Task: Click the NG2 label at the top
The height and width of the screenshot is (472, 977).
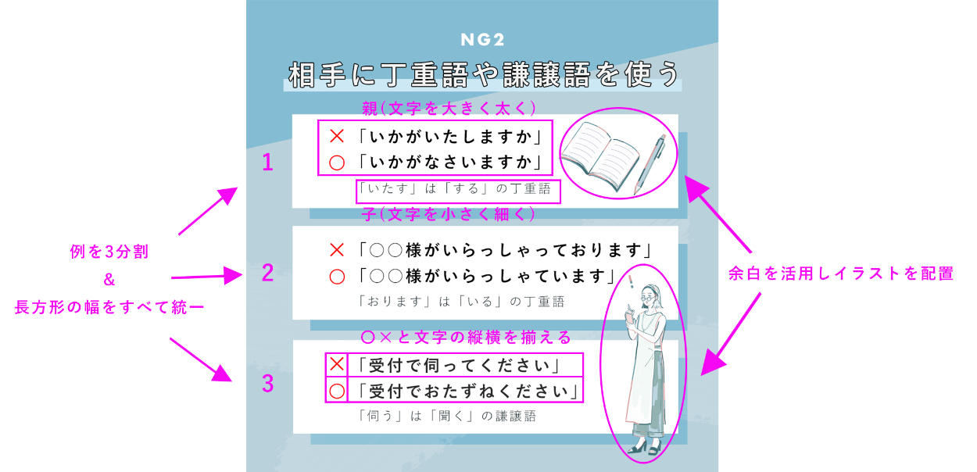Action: coord(482,40)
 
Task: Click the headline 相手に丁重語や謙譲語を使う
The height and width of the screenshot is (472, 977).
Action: coord(484,74)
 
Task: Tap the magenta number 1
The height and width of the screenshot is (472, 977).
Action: coord(267,163)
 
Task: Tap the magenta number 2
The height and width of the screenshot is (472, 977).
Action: coord(267,273)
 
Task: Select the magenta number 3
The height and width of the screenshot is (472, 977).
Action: coord(267,384)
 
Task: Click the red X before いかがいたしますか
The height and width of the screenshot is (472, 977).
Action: coord(337,136)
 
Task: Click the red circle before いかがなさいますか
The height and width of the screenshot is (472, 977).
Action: coord(337,163)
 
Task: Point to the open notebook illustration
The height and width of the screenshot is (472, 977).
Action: coord(600,156)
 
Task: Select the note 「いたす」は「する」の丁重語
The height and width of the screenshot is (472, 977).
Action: coord(454,189)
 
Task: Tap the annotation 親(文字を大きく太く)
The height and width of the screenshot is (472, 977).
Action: coord(449,108)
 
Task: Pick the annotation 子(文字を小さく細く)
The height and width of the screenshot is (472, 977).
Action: coord(449,214)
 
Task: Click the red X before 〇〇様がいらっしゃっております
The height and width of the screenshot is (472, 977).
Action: coord(337,250)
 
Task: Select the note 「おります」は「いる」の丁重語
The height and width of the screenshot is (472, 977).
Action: coord(461,302)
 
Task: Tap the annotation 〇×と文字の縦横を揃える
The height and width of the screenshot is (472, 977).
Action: coord(467,338)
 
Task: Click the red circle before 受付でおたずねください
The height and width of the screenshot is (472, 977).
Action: coord(337,391)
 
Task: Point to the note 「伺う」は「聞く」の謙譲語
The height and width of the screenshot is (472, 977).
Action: coord(447,416)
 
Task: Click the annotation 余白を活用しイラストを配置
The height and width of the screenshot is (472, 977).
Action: coord(841,274)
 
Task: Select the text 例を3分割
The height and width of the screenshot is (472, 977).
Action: coord(109,252)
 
